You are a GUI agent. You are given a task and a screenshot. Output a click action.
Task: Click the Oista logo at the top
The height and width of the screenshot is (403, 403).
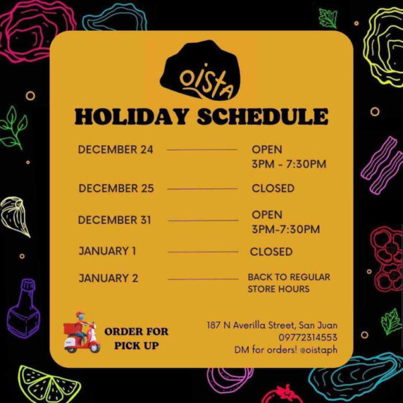tap(200, 70)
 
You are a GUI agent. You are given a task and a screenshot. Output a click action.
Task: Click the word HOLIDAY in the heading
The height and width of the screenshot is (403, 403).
tap(131, 116)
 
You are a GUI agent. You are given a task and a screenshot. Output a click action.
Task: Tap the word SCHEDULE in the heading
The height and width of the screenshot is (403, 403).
tap(263, 116)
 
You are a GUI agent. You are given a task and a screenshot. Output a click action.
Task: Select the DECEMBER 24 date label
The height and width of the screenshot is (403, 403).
tap(115, 150)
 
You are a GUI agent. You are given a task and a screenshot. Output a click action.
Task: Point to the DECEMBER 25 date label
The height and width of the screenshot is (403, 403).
tap(116, 188)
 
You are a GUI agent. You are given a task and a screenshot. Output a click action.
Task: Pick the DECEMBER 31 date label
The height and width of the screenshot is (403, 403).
tap(115, 220)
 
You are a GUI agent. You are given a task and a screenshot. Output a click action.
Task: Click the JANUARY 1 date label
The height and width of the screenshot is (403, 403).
tap(107, 251)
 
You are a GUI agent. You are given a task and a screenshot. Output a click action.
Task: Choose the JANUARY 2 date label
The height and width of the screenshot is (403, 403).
tap(108, 278)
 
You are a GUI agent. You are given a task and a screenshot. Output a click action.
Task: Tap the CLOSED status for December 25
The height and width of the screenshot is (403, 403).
tap(273, 188)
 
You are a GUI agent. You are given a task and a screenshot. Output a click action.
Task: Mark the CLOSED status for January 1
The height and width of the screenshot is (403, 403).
tap(271, 252)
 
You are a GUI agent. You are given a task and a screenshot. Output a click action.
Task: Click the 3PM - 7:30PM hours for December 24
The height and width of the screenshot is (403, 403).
tap(289, 164)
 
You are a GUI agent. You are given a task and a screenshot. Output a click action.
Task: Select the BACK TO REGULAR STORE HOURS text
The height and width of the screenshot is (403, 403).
tap(289, 283)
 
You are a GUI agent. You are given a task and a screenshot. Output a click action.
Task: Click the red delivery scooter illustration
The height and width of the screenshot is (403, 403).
tap(82, 332)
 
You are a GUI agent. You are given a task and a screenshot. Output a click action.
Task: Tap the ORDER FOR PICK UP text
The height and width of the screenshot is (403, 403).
tap(137, 339)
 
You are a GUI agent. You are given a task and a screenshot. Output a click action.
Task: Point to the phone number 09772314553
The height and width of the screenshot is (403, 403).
tap(308, 337)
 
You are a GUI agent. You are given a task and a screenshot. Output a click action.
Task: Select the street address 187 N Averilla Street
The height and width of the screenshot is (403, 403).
tap(250, 325)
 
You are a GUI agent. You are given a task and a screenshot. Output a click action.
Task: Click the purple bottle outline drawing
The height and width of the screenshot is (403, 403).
tap(23, 308)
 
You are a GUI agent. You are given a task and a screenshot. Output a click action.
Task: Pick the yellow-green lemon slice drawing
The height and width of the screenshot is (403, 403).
tap(49, 384)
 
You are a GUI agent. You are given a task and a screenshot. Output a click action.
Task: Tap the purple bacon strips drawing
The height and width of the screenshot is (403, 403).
tap(382, 165)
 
